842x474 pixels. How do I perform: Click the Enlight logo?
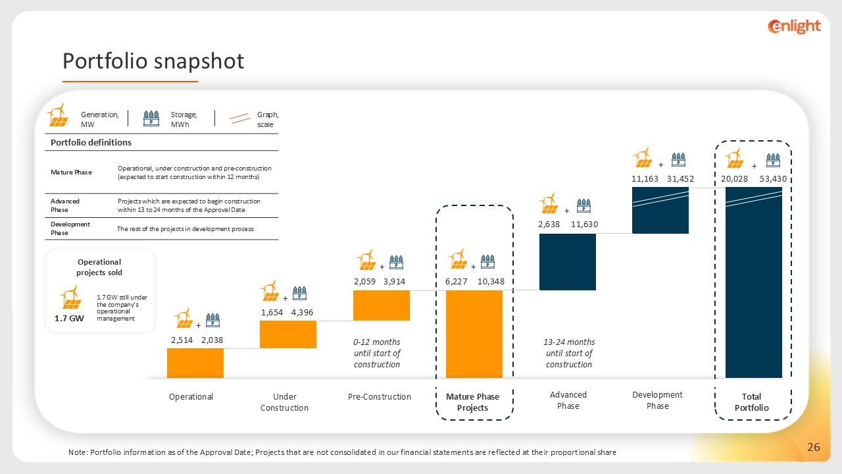tap(794, 26)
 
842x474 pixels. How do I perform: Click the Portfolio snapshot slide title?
tap(153, 61)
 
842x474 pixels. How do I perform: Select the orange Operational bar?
tap(195, 363)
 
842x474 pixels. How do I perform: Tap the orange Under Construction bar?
tap(288, 334)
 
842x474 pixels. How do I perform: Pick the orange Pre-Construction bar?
tap(382, 305)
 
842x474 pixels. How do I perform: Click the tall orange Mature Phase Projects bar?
tap(474, 334)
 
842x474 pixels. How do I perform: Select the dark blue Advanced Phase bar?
tap(567, 261)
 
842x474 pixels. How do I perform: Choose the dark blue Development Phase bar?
tap(660, 210)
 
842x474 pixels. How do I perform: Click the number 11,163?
tap(645, 178)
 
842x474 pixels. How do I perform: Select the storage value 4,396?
tap(302, 313)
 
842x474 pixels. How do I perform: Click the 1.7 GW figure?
tap(69, 318)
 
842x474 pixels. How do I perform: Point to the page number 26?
tap(814, 448)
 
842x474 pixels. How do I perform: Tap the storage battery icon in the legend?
tap(151, 118)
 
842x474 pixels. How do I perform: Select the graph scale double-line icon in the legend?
tap(239, 118)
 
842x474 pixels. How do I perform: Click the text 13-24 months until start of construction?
tap(568, 354)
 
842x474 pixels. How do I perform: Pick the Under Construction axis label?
tap(284, 402)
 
